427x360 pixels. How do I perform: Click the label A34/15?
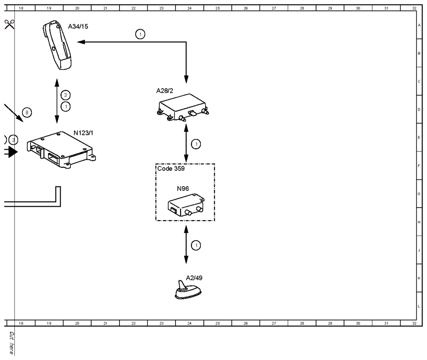coord(78,27)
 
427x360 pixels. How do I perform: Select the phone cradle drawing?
coord(57,45)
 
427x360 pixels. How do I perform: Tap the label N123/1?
coord(84,133)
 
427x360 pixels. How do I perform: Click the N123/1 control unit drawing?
coord(61,150)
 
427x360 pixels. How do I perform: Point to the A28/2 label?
coord(164,90)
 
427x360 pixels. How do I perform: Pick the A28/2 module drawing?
coord(183,107)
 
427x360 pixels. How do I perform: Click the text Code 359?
coord(171,169)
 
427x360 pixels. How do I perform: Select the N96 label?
coord(183,188)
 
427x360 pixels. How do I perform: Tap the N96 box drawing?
coord(186,204)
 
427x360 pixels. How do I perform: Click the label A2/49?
coord(194,278)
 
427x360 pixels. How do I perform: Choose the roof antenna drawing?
coord(188,290)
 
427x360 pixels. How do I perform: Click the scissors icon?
coord(9,24)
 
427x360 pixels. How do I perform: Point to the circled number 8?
coord(26,112)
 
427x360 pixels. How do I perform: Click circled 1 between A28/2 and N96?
coord(196,144)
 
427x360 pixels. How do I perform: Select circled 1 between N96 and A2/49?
coord(196,245)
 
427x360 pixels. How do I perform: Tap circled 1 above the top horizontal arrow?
coord(140,34)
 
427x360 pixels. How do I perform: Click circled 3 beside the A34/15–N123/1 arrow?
coord(66,95)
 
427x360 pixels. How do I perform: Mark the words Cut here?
coord(11,343)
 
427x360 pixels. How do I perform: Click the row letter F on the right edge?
coord(419,166)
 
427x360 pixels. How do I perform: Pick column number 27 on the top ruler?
coord(274,8)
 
